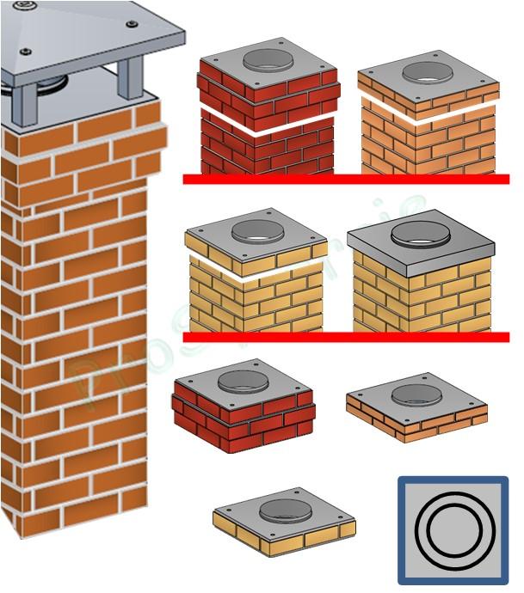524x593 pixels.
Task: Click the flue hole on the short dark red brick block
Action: tap(242, 382)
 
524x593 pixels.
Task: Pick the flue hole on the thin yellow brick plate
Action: tap(285, 507)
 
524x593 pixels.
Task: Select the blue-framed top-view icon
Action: tap(453, 530)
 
